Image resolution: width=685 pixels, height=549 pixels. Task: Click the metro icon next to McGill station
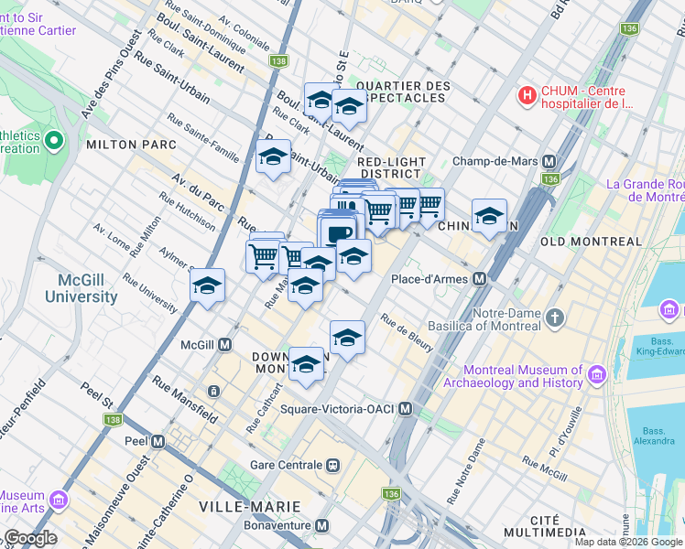(223, 345)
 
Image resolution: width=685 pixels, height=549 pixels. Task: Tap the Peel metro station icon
(158, 441)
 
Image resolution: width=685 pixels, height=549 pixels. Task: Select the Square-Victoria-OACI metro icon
(405, 408)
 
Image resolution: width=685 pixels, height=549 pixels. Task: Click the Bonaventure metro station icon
(321, 526)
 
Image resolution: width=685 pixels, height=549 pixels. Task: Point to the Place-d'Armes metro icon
(478, 278)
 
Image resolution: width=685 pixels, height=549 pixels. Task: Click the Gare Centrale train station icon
(333, 463)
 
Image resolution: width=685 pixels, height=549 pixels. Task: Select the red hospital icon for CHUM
(527, 95)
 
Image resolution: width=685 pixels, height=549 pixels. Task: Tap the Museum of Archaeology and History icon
(597, 375)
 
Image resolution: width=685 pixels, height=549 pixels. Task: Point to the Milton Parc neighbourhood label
(125, 145)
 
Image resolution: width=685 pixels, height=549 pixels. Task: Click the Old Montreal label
(592, 242)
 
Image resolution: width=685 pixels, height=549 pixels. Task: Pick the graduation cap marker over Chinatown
(490, 216)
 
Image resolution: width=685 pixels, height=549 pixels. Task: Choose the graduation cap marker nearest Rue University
(208, 285)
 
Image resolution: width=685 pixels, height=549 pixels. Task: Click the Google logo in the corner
(30, 538)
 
